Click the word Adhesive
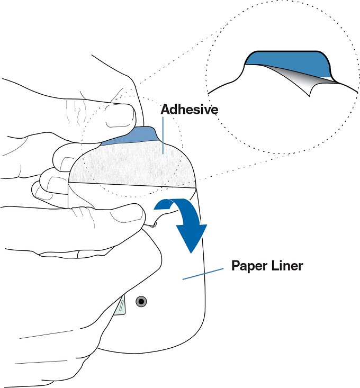[x=189, y=110]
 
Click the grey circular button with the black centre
[x=141, y=302]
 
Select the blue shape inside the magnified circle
[x=286, y=62]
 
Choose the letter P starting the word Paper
[x=236, y=265]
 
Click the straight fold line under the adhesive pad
[x=132, y=184]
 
